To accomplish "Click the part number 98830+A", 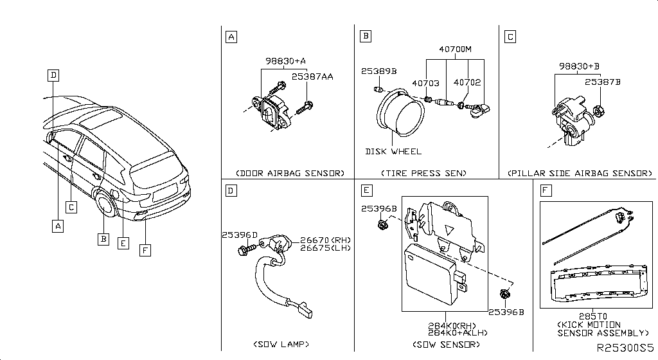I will pyautogui.click(x=285, y=61).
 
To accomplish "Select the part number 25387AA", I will pyautogui.click(x=312, y=76).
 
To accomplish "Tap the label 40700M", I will pyautogui.click(x=455, y=50).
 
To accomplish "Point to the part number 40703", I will pyautogui.click(x=425, y=82).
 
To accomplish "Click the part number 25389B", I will pyautogui.click(x=378, y=71).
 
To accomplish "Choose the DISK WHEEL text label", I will pyautogui.click(x=393, y=152).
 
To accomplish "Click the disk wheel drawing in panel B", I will pyautogui.click(x=396, y=116).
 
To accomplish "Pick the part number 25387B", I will pyautogui.click(x=602, y=82).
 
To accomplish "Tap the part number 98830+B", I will pyautogui.click(x=578, y=66).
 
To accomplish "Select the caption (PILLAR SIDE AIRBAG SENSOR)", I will pyautogui.click(x=579, y=174).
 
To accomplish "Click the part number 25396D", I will pyautogui.click(x=240, y=235).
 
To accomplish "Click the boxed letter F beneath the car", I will pyautogui.click(x=145, y=251).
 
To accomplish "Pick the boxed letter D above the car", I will pyautogui.click(x=53, y=75).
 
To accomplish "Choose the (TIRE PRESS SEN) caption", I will pyautogui.click(x=423, y=174).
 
